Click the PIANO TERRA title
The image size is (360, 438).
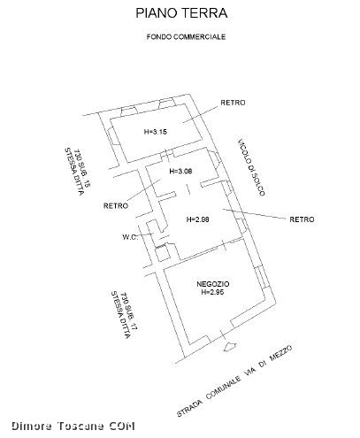coord(181,13)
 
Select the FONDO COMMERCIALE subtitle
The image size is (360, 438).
coord(186,37)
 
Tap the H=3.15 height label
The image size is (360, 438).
coord(156,132)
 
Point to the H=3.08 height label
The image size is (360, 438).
coord(180,171)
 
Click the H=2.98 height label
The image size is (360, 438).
coord(198,219)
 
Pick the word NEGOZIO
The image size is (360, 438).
coord(213,284)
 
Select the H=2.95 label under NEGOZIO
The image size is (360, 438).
coord(212,292)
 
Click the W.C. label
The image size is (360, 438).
coord(130,237)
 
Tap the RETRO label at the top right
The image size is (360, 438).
coord(233,103)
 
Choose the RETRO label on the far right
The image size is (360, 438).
coord(302,219)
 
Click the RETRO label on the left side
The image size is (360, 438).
coord(116,205)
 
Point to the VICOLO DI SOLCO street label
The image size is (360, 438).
coord(251,167)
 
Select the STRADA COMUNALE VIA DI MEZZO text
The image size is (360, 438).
coord(234,381)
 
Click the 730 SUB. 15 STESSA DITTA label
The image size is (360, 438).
coord(78,171)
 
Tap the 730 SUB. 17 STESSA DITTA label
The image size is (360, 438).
coord(125,315)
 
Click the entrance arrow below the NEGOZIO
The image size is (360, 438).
coord(230,347)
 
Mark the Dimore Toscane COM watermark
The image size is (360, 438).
coord(73,426)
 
